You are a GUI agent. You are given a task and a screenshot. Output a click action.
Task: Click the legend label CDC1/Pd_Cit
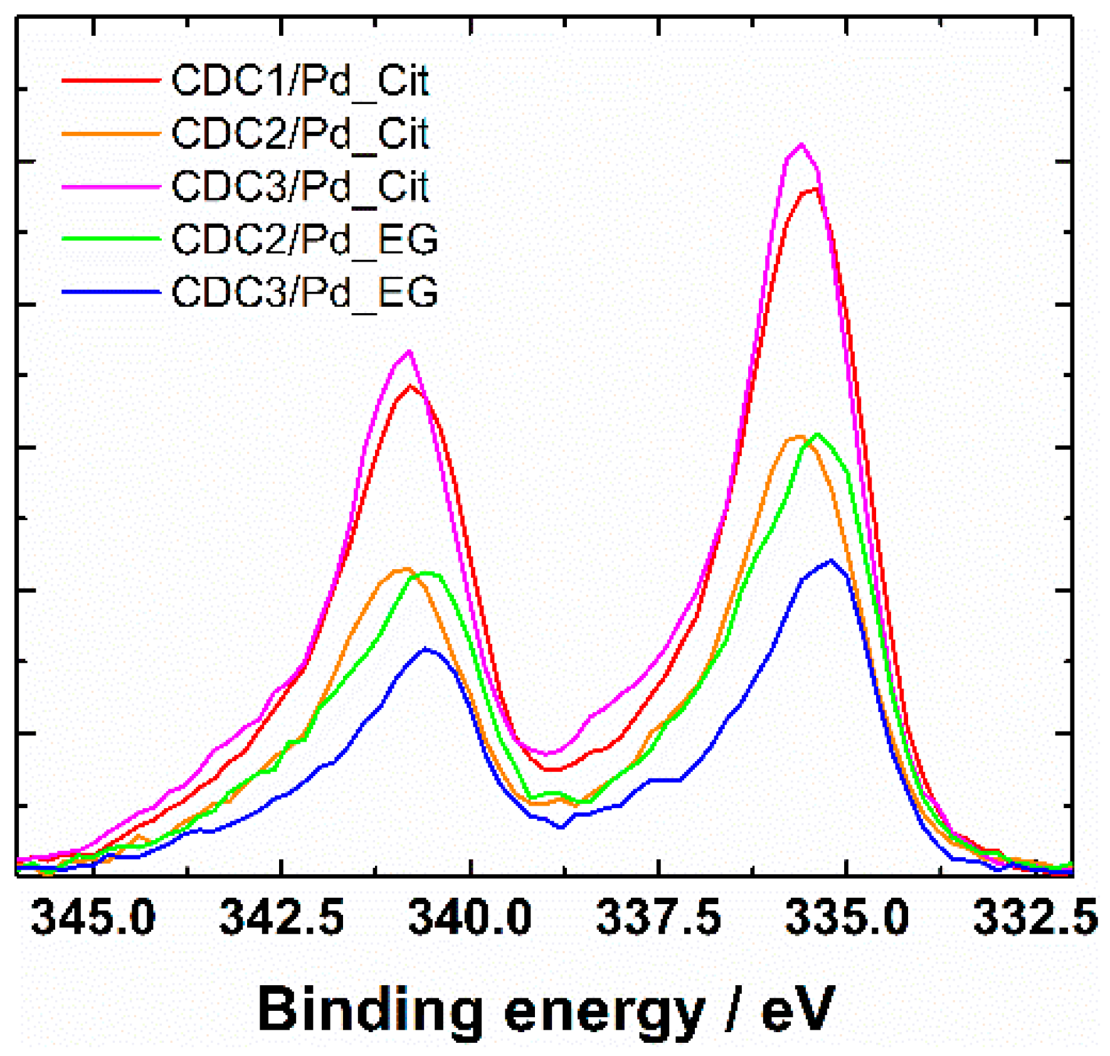300,81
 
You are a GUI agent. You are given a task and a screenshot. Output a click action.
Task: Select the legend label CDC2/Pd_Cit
300,134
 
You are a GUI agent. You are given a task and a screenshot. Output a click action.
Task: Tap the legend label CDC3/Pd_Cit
300,186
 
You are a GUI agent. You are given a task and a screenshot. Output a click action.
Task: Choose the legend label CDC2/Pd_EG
304,239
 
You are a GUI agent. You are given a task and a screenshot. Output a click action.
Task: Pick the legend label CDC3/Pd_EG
304,292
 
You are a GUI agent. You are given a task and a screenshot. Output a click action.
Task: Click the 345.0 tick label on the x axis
93,917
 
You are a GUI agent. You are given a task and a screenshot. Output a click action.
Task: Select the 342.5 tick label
282,917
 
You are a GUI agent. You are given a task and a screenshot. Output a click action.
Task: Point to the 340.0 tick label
470,917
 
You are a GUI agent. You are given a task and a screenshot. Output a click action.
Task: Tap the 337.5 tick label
658,917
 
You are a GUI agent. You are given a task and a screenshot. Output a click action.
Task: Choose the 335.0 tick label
847,917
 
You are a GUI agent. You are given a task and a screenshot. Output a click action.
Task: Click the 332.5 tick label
1035,917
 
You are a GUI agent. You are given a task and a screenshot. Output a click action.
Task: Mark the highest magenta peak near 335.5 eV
801,146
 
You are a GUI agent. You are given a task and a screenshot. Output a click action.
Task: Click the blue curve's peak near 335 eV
831,560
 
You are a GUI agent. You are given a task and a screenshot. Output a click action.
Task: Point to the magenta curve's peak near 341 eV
410,351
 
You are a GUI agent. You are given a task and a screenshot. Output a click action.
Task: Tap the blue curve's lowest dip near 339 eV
561,827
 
